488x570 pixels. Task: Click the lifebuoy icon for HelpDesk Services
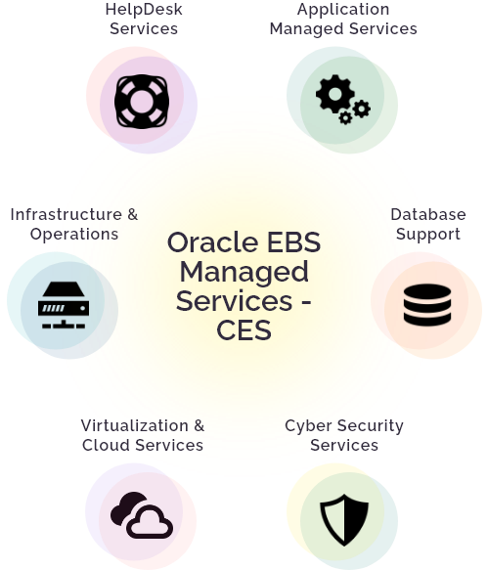pyautogui.click(x=142, y=102)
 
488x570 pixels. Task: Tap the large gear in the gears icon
pyautogui.click(x=334, y=94)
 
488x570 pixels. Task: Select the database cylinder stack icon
pyautogui.click(x=427, y=305)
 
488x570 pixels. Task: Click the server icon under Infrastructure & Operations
pyautogui.click(x=64, y=305)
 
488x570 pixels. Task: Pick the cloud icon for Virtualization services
pyautogui.click(x=142, y=514)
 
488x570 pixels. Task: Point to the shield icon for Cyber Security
pyautogui.click(x=344, y=520)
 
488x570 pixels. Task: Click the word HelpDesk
pyautogui.click(x=144, y=10)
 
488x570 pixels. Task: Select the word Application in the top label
pyautogui.click(x=343, y=10)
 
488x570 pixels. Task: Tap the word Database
pyautogui.click(x=428, y=214)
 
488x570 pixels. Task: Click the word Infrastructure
pyautogui.click(x=67, y=214)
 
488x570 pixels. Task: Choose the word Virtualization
pyautogui.click(x=134, y=425)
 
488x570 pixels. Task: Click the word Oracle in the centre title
pyautogui.click(x=214, y=242)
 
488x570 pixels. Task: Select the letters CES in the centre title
pyautogui.click(x=244, y=330)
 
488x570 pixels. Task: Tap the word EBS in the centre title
pyautogui.click(x=293, y=242)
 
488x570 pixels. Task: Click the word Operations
pyautogui.click(x=74, y=235)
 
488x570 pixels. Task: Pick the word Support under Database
pyautogui.click(x=428, y=235)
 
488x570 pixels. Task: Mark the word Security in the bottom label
pyautogui.click(x=371, y=426)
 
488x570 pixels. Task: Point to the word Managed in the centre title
pyautogui.click(x=244, y=272)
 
